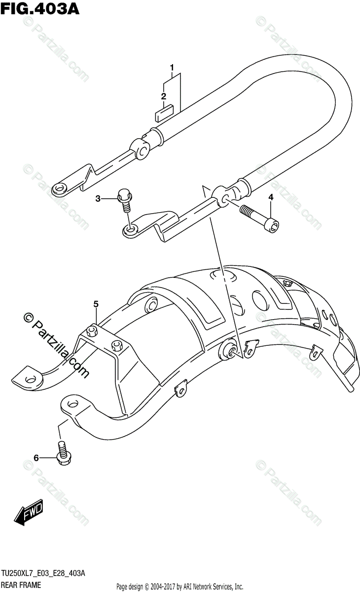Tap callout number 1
[x=172, y=67]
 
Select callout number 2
[x=163, y=96]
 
